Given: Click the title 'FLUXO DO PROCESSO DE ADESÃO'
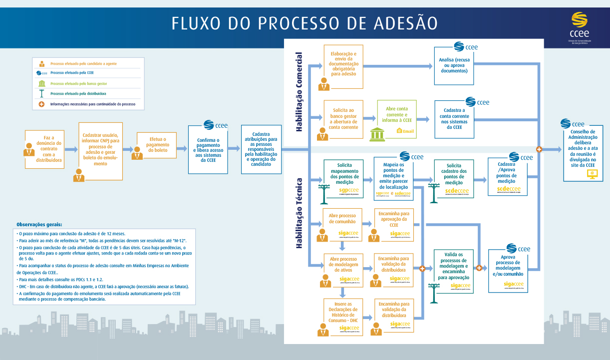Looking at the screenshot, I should point(305,23).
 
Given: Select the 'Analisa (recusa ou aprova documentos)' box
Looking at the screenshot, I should point(454,65).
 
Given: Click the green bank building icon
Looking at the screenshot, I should point(377,133).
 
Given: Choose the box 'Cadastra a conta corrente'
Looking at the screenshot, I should point(454,119).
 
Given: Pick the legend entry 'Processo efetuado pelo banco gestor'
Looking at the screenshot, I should point(78,83).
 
